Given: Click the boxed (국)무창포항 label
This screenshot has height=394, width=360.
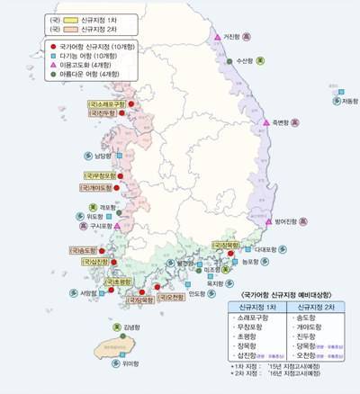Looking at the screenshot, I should coord(99,175).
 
